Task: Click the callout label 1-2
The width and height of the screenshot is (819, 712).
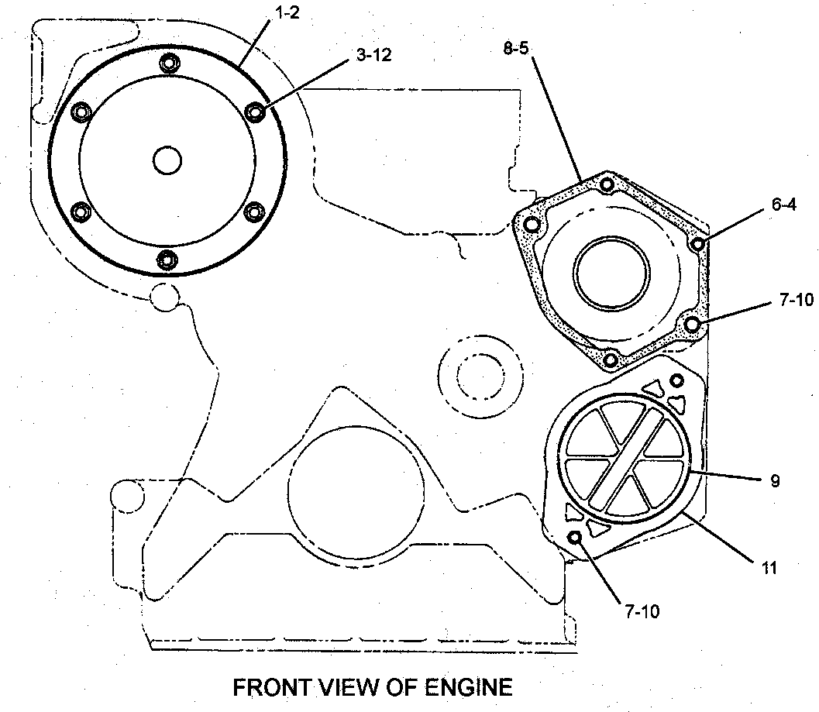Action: click(287, 12)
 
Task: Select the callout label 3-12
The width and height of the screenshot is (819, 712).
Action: click(373, 55)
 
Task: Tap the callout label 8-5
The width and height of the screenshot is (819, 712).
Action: click(516, 49)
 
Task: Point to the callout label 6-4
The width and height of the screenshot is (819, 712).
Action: click(784, 205)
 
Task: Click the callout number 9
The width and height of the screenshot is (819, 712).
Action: click(775, 480)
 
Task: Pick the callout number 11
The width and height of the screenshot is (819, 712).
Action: click(769, 568)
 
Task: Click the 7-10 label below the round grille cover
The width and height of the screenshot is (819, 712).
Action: click(642, 611)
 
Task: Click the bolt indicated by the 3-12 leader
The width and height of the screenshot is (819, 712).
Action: click(256, 112)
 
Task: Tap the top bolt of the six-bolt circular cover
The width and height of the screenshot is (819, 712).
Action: click(168, 63)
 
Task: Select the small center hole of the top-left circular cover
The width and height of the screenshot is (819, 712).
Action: click(167, 160)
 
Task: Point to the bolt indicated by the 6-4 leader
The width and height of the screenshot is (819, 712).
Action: click(698, 244)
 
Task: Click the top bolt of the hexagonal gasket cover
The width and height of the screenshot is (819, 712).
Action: click(607, 184)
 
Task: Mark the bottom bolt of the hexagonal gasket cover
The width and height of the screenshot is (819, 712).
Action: click(610, 360)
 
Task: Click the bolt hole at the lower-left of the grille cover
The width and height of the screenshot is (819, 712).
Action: click(575, 538)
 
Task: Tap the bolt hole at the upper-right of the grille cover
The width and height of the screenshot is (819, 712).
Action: click(676, 380)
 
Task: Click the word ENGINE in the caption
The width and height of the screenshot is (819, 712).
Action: click(469, 687)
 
